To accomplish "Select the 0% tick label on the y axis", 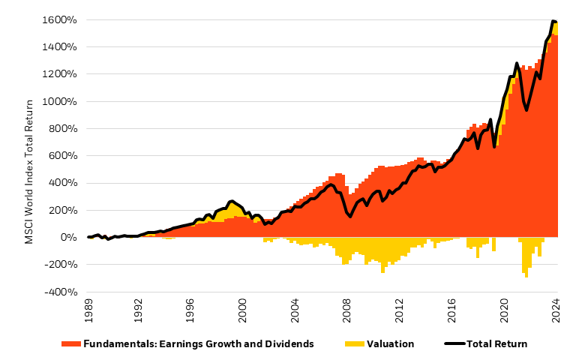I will (x=67, y=238).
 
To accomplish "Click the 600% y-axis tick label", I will (x=63, y=156).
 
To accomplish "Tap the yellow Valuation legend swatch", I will (x=355, y=344).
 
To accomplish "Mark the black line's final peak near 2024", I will (x=553, y=21).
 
